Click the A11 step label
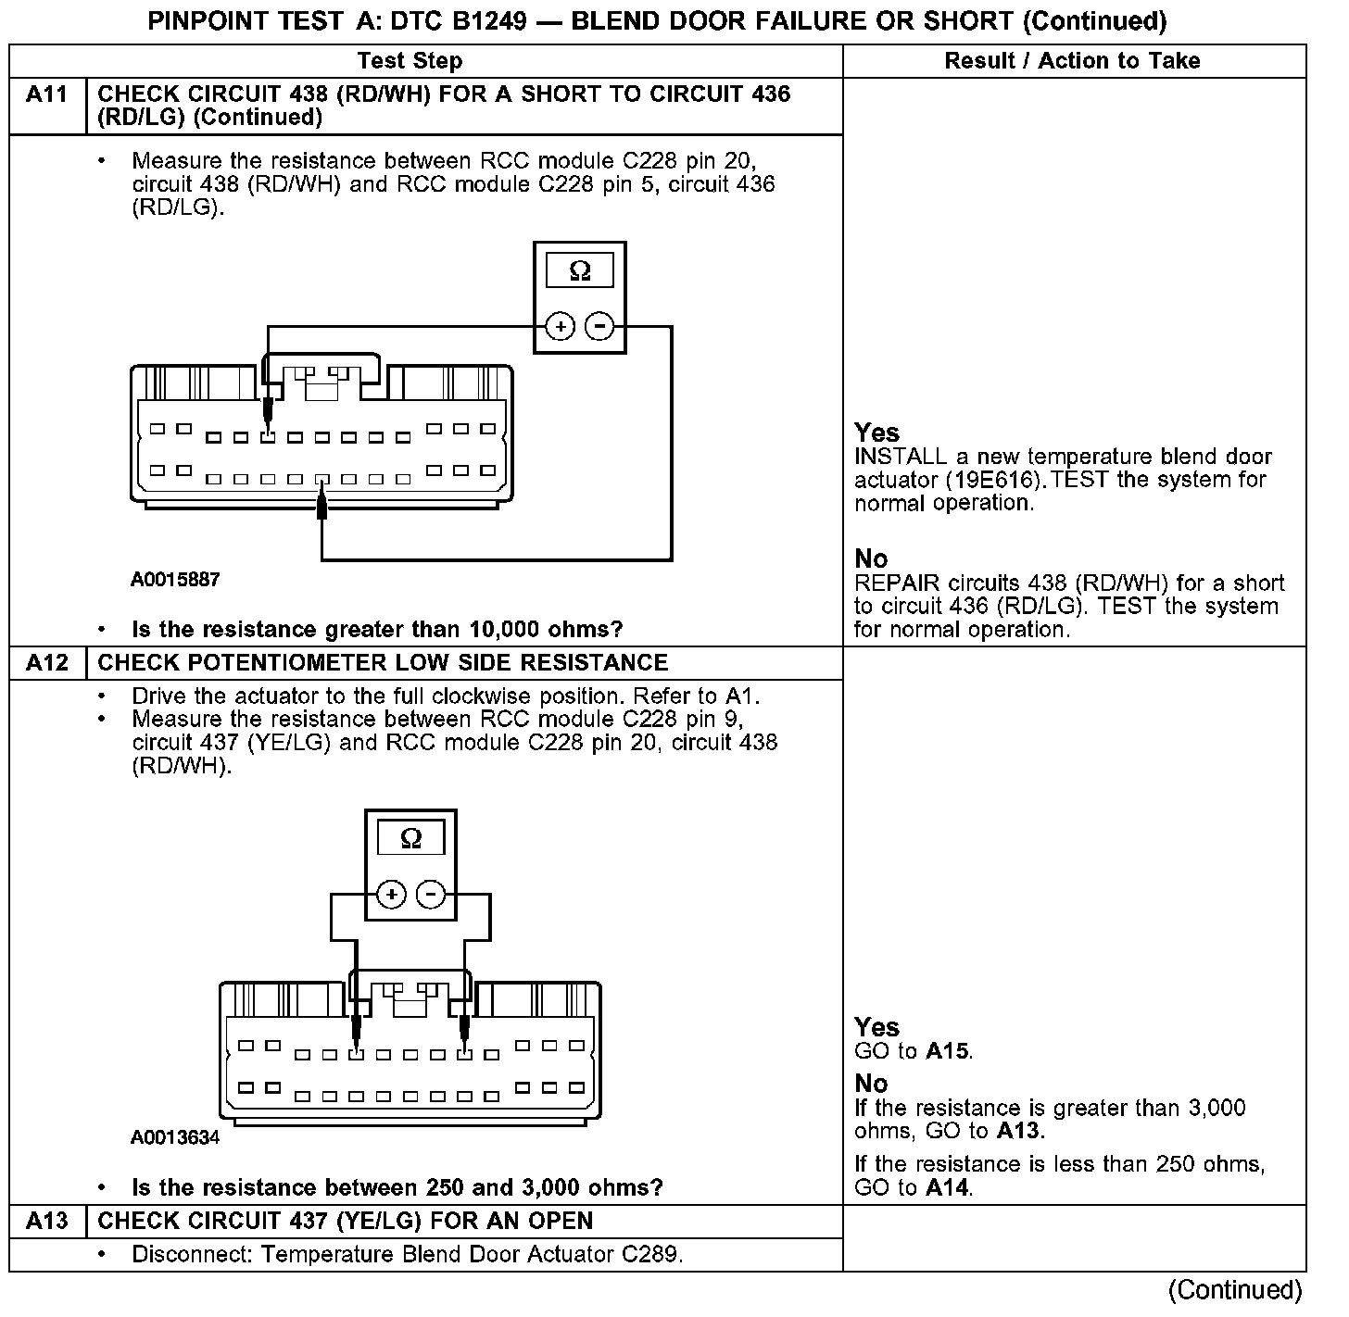click(46, 94)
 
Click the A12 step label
click(46, 663)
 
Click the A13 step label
click(46, 1221)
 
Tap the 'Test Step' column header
click(410, 61)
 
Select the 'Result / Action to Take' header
click(1072, 61)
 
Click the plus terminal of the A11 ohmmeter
click(560, 326)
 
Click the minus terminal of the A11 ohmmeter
click(599, 326)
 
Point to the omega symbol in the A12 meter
click(410, 839)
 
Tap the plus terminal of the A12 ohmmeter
click(391, 894)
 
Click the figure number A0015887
click(175, 580)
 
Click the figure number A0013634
click(175, 1137)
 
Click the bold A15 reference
click(947, 1051)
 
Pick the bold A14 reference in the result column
click(947, 1187)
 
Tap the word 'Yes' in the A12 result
click(876, 1027)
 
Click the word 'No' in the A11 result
click(871, 558)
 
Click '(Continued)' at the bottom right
click(1234, 1289)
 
